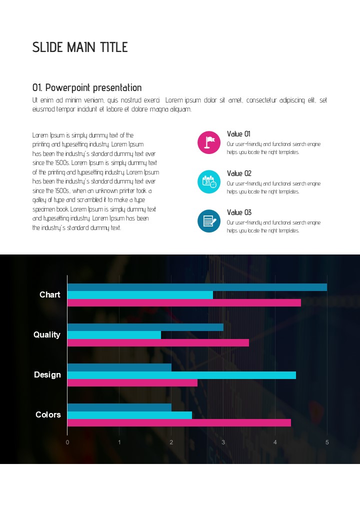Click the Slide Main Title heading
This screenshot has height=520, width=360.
(80, 47)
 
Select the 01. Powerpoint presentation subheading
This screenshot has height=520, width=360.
(87, 88)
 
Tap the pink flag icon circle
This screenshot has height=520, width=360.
(209, 142)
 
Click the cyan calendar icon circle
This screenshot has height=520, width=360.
(209, 181)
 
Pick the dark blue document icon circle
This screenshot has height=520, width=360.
(209, 220)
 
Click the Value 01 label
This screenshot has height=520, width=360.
(239, 134)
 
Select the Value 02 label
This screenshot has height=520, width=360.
(239, 173)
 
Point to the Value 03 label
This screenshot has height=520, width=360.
(239, 212)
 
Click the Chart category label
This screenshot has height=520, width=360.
(50, 295)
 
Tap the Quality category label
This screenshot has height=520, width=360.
(47, 335)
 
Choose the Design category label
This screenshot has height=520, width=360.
(47, 375)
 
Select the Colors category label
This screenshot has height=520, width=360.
(48, 415)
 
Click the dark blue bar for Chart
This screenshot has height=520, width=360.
(197, 287)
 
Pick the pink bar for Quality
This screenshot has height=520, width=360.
(158, 343)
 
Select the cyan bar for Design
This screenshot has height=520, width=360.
(181, 375)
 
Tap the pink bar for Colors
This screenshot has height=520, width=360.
(179, 423)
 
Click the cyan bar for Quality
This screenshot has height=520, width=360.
(114, 335)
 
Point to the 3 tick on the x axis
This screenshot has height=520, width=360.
(223, 442)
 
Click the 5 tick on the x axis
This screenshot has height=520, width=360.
(327, 442)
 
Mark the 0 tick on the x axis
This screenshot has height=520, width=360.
(67, 442)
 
